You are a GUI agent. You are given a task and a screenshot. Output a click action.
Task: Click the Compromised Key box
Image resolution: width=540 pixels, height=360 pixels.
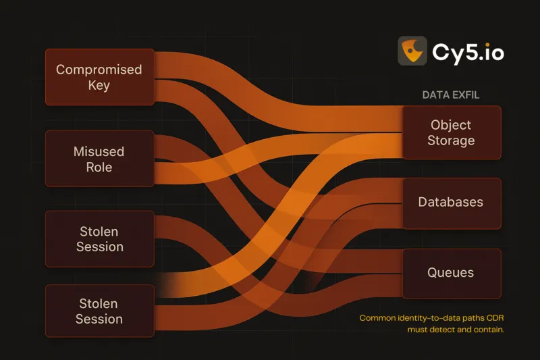(99, 77)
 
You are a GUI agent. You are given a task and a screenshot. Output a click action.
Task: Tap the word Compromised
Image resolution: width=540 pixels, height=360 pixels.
(99, 70)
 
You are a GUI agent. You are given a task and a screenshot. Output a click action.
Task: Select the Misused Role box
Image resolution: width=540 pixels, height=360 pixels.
(99, 159)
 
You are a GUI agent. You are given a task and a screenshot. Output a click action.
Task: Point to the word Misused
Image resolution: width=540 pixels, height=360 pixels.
(99, 151)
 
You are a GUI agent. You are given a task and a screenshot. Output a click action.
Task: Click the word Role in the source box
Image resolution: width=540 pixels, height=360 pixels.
(99, 167)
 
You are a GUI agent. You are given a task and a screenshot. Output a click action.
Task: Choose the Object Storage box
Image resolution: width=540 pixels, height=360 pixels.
(452, 132)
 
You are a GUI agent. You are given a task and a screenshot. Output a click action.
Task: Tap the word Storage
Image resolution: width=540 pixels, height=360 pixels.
(451, 140)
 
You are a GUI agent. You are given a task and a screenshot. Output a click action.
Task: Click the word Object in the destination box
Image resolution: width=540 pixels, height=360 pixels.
(451, 125)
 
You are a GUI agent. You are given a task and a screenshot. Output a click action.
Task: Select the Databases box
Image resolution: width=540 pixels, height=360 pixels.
(452, 203)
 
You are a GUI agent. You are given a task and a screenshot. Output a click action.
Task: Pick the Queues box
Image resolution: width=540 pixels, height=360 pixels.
(452, 273)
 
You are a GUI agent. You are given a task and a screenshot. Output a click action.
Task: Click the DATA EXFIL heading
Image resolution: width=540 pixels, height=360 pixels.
(451, 95)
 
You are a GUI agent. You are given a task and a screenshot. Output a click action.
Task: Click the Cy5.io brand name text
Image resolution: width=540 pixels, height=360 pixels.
(468, 51)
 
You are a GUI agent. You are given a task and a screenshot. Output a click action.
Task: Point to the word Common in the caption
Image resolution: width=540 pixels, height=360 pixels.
(378, 318)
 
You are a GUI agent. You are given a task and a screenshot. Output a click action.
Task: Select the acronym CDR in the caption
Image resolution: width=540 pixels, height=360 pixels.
(494, 318)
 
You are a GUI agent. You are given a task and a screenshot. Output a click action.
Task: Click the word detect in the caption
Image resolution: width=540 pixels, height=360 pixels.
(441, 330)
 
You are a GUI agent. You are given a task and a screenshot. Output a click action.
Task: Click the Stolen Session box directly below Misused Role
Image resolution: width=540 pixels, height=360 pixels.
(99, 239)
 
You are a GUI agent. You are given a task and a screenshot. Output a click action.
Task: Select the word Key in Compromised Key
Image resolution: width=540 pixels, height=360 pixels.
(99, 86)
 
